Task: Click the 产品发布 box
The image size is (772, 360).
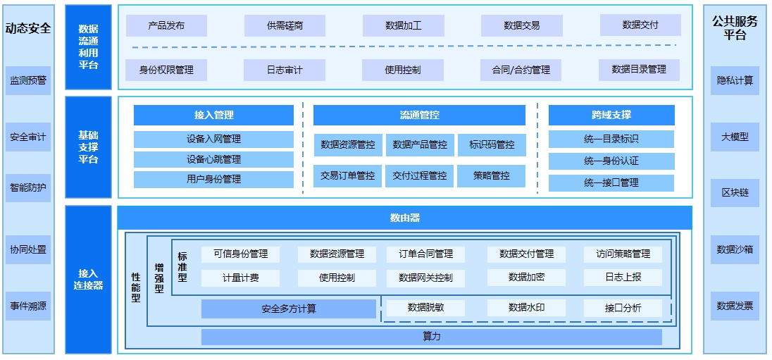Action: [166, 25]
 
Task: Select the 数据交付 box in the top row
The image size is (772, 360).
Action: [640, 25]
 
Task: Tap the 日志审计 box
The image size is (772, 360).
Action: [285, 70]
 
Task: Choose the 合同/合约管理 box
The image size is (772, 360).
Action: [521, 70]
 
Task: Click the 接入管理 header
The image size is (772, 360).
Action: [213, 115]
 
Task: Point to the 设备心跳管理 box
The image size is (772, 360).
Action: [213, 159]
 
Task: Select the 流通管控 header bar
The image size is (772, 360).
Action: [419, 115]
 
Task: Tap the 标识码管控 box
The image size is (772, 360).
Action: [492, 145]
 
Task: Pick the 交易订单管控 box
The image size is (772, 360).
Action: [347, 175]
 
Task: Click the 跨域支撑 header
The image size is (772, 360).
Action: [611, 115]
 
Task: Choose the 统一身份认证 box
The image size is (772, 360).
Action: [611, 161]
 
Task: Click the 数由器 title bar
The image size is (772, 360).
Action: [405, 218]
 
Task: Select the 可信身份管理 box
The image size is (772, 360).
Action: [240, 254]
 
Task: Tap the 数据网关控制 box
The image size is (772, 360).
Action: [425, 278]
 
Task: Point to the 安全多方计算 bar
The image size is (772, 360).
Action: [289, 309]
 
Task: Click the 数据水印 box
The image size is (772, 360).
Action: [526, 307]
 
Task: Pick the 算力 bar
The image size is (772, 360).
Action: [431, 337]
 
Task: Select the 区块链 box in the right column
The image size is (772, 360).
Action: [735, 192]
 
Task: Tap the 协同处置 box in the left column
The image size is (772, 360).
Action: [28, 249]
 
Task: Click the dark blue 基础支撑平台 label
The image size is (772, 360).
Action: [88, 147]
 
